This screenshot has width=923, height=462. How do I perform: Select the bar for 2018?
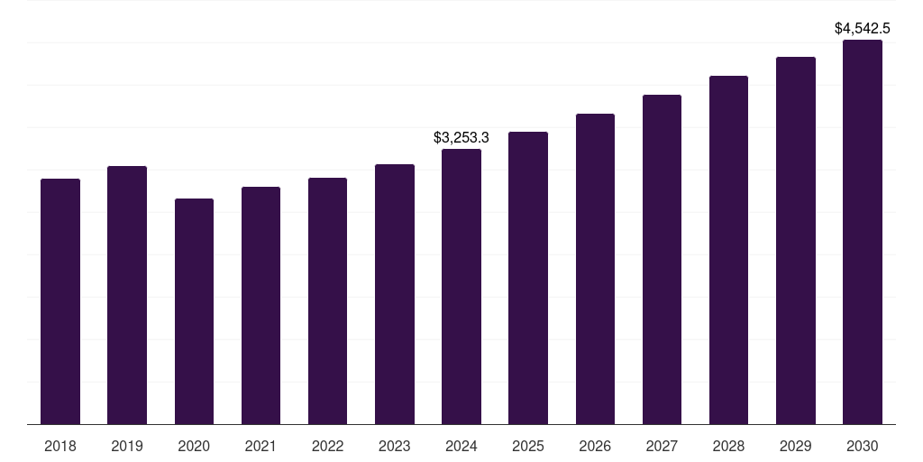(60, 301)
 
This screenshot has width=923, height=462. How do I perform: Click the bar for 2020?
(194, 311)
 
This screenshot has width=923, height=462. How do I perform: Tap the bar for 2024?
(461, 287)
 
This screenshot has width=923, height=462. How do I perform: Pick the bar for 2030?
(862, 232)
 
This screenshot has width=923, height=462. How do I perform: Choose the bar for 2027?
(662, 260)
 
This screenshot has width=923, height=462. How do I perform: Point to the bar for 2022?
(327, 301)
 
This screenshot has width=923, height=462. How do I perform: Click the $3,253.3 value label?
(461, 138)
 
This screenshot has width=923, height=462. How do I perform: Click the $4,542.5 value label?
(863, 29)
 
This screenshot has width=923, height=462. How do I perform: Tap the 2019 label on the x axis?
(127, 446)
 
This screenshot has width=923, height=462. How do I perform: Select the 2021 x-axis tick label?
(260, 446)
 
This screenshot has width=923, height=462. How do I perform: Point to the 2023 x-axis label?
(394, 446)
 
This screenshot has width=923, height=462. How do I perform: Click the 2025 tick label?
(527, 446)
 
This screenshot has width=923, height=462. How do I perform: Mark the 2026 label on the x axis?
(595, 446)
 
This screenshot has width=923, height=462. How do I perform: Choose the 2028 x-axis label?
(728, 446)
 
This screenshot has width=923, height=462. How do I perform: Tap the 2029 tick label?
(795, 446)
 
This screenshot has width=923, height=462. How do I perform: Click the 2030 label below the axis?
(862, 446)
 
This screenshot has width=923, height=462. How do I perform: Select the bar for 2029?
(795, 241)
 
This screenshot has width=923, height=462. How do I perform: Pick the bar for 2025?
(527, 278)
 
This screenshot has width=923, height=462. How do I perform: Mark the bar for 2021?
(260, 306)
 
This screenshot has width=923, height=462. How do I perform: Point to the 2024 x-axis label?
(461, 446)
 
